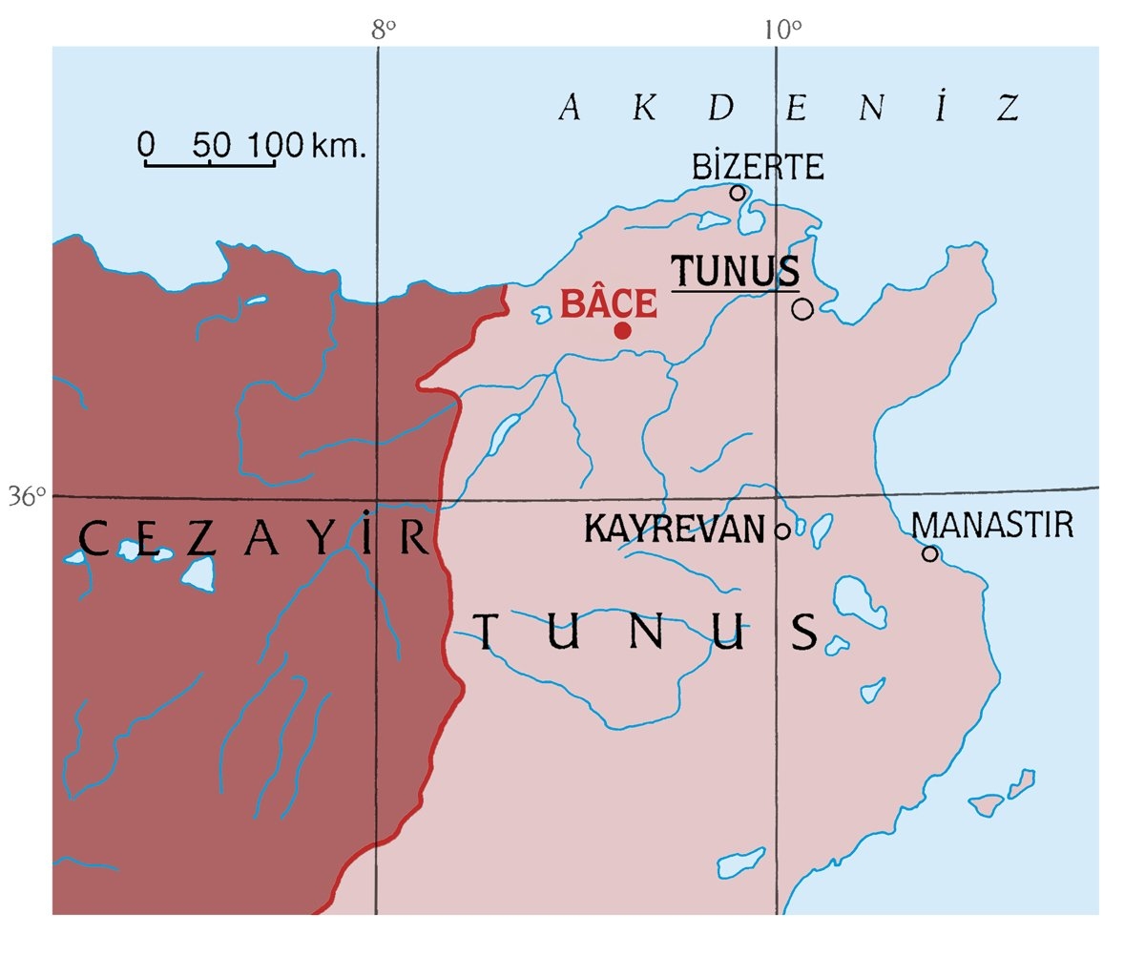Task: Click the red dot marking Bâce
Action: pos(622,330)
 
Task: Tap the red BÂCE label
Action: pos(609,303)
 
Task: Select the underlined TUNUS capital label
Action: pos(736,271)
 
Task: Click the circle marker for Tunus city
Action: pos(802,308)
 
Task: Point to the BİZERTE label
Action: pos(757,167)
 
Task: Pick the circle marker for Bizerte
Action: pos(738,193)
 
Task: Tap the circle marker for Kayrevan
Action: pos(782,530)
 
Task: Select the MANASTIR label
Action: pos(992,525)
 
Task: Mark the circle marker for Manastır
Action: pos(929,553)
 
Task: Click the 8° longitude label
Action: pos(384,30)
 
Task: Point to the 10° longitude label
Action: pos(781,30)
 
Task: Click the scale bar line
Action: pos(210,164)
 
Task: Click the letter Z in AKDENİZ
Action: pos(1010,108)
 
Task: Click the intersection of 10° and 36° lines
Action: pos(777,496)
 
